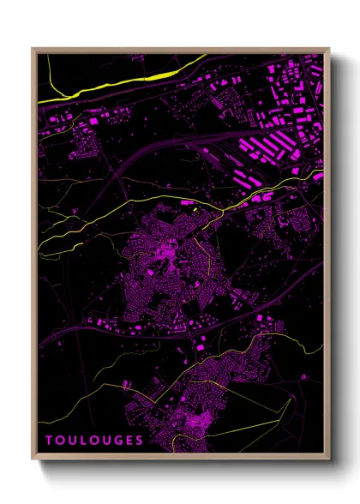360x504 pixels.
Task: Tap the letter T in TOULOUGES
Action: pyautogui.click(x=49, y=441)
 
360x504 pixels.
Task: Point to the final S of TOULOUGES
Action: pyautogui.click(x=139, y=441)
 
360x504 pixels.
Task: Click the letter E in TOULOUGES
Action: pyautogui.click(x=128, y=441)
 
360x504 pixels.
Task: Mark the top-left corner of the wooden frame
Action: pyautogui.click(x=33, y=49)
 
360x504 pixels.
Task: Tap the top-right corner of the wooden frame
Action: pyautogui.click(x=329, y=49)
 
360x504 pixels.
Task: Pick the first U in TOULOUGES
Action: pyautogui.click(x=71, y=441)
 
